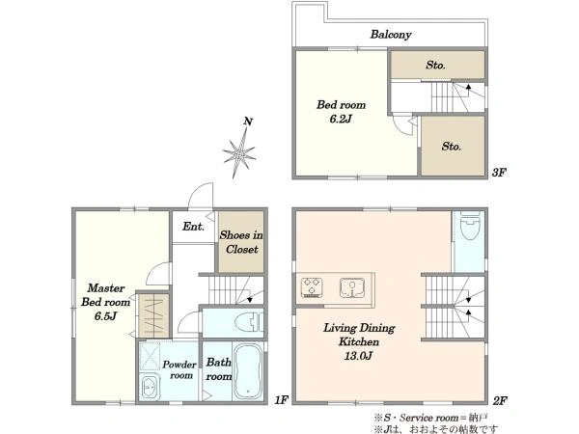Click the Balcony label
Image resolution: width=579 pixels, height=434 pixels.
coord(391,35)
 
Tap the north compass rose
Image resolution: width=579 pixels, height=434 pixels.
coord(239,151)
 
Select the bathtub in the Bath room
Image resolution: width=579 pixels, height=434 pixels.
coord(248,371)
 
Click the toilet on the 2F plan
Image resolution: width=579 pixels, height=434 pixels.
coord(470,226)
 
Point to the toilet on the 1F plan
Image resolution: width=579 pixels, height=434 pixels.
coord(250,322)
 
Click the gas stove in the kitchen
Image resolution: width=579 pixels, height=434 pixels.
coord(312,287)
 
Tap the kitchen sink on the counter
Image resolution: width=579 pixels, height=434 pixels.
coord(352,287)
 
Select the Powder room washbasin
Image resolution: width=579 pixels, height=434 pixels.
coord(151,388)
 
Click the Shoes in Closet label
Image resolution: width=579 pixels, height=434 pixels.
coord(241,242)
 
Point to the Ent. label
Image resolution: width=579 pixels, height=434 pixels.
coord(193,227)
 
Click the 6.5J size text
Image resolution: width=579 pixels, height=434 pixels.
coord(105,316)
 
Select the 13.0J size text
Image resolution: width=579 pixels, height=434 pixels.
coord(358,356)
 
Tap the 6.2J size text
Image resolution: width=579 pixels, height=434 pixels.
coord(341,120)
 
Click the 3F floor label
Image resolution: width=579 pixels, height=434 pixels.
coord(499,173)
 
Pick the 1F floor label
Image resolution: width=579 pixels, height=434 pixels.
coord(281,400)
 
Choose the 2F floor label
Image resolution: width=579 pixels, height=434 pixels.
coord(500,401)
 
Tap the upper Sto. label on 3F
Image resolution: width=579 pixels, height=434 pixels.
coord(436,66)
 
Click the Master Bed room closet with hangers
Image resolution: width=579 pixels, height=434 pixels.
coord(154,315)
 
